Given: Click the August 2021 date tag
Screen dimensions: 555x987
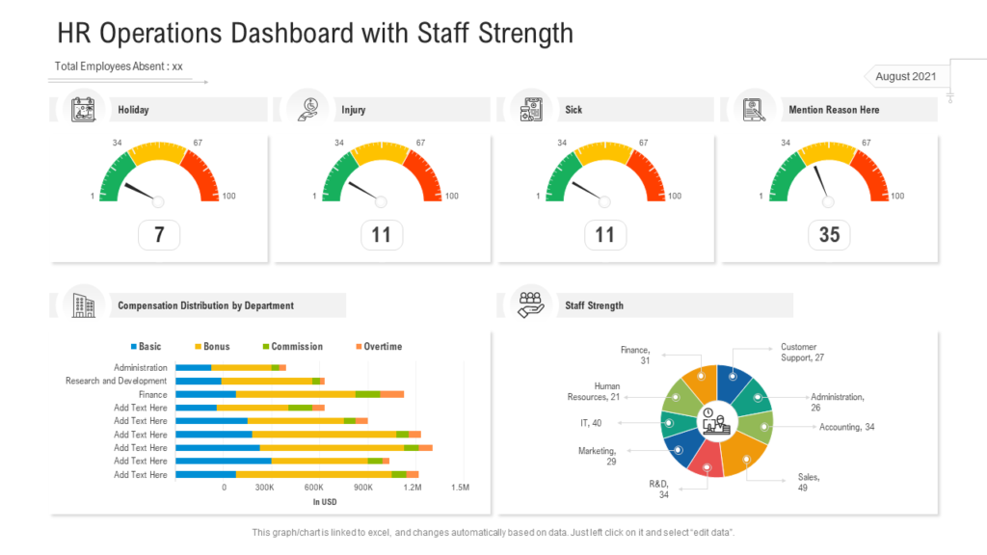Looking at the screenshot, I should pos(906,76).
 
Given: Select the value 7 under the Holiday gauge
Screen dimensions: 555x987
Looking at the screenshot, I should pos(159,235).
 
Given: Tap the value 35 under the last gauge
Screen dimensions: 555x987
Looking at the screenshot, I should pos(829,235).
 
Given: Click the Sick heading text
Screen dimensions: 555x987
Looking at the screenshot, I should pos(574,110).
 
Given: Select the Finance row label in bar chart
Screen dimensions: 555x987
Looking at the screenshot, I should pos(152,394).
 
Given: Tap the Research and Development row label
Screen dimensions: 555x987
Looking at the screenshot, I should pos(116,381).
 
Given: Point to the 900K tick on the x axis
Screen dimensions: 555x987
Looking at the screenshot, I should pos(363,489).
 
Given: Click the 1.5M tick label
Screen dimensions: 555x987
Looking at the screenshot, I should pos(460,489).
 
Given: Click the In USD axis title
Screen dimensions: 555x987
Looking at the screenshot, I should pos(325,502).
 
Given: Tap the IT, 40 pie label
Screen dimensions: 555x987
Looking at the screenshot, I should pos(589,423).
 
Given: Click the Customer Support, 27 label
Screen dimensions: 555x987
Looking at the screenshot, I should pos(802,352).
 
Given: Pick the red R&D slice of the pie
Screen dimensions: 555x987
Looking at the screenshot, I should pos(707,459).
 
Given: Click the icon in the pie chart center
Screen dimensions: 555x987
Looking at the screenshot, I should pos(716,420).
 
